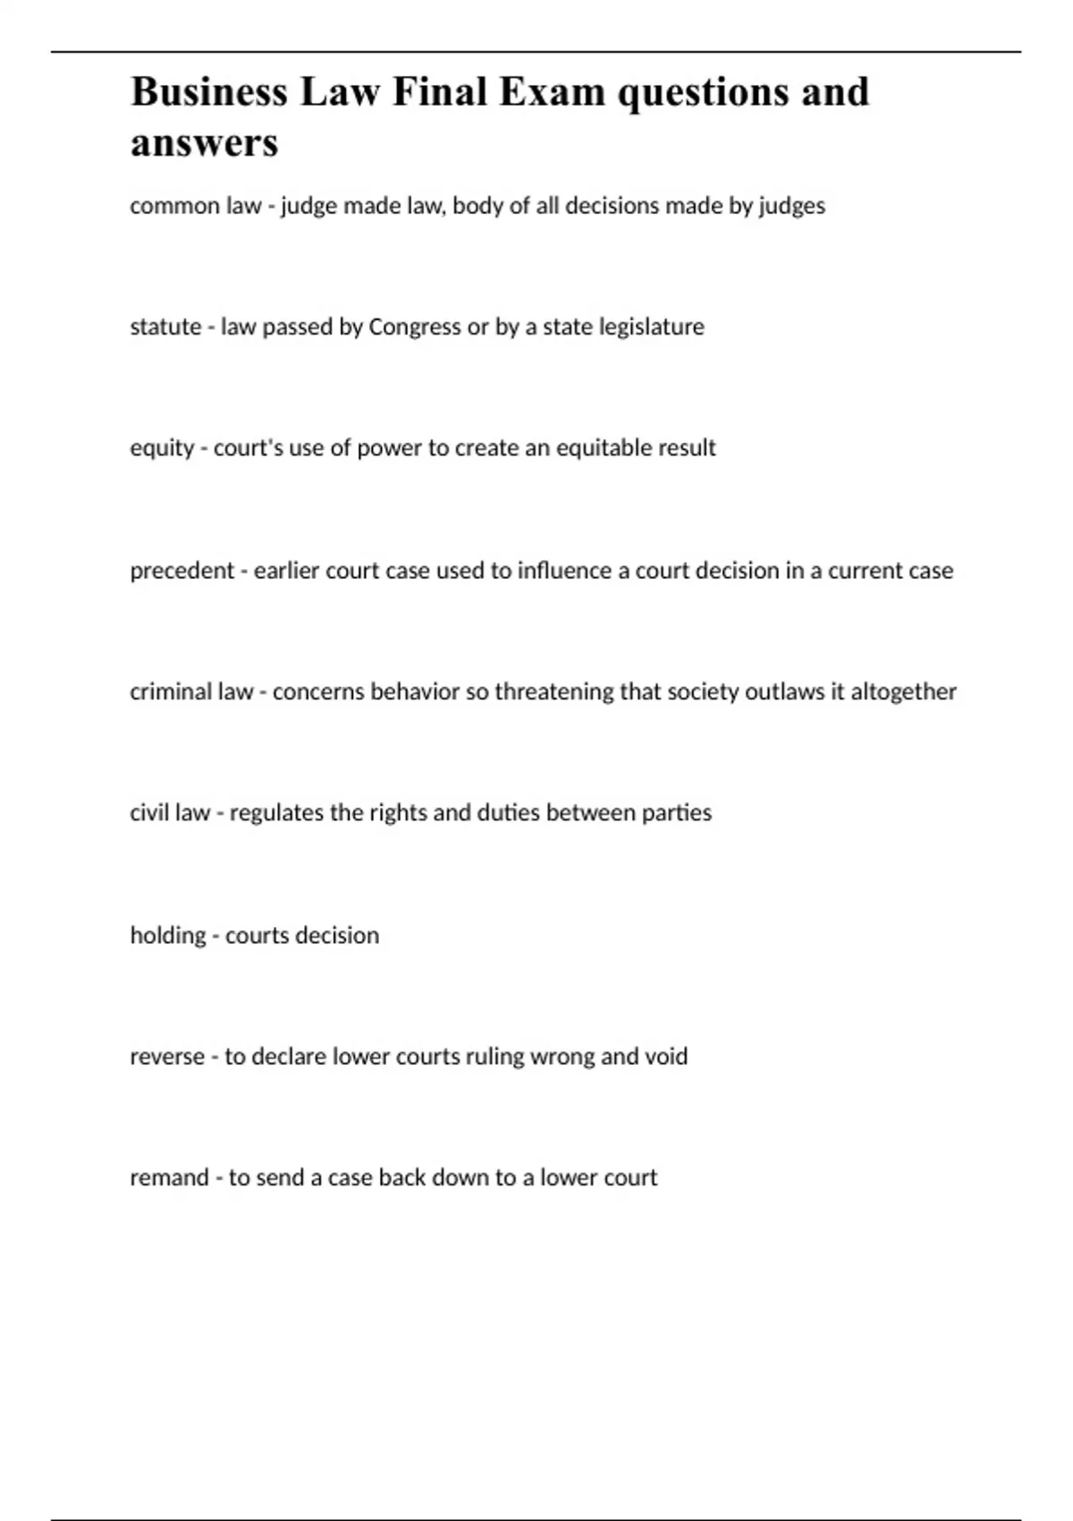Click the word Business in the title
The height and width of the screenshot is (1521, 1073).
point(209,92)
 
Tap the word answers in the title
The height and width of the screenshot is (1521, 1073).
point(204,143)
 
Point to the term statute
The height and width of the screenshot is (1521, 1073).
point(165,327)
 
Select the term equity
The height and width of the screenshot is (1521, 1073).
point(162,448)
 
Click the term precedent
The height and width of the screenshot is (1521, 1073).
point(182,570)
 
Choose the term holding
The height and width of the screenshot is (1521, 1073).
point(167,936)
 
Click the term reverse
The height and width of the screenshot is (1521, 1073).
point(167,1057)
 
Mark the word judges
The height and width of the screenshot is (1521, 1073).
point(792,207)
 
